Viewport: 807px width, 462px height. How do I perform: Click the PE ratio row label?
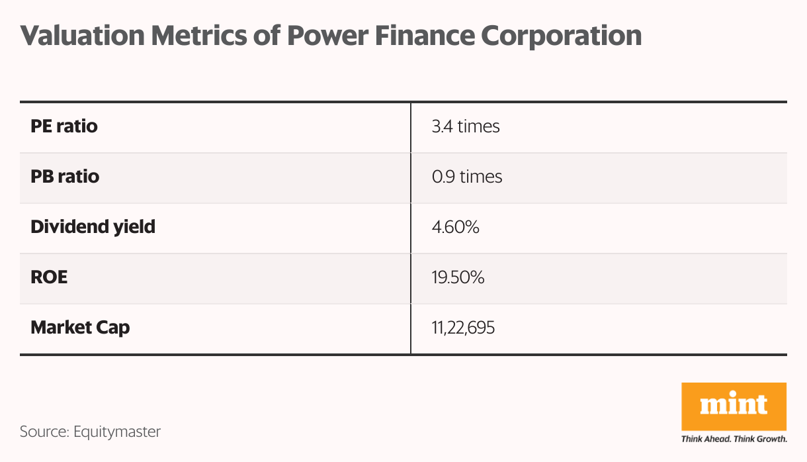(x=64, y=126)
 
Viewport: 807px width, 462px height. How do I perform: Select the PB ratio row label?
(x=65, y=177)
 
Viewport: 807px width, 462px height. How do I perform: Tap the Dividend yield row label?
(x=93, y=227)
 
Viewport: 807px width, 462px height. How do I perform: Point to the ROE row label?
(x=49, y=277)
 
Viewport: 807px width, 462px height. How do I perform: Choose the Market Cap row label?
(x=80, y=327)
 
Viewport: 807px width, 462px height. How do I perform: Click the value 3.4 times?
(x=466, y=126)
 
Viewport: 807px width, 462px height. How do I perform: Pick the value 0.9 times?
(x=467, y=177)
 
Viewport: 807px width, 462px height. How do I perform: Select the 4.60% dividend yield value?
(x=455, y=227)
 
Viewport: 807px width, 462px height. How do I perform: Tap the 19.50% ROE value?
(x=458, y=277)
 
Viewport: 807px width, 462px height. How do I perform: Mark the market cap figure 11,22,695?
(x=463, y=328)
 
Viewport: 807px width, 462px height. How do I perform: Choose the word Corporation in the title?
(x=566, y=36)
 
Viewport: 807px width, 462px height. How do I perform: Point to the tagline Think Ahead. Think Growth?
(x=734, y=439)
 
